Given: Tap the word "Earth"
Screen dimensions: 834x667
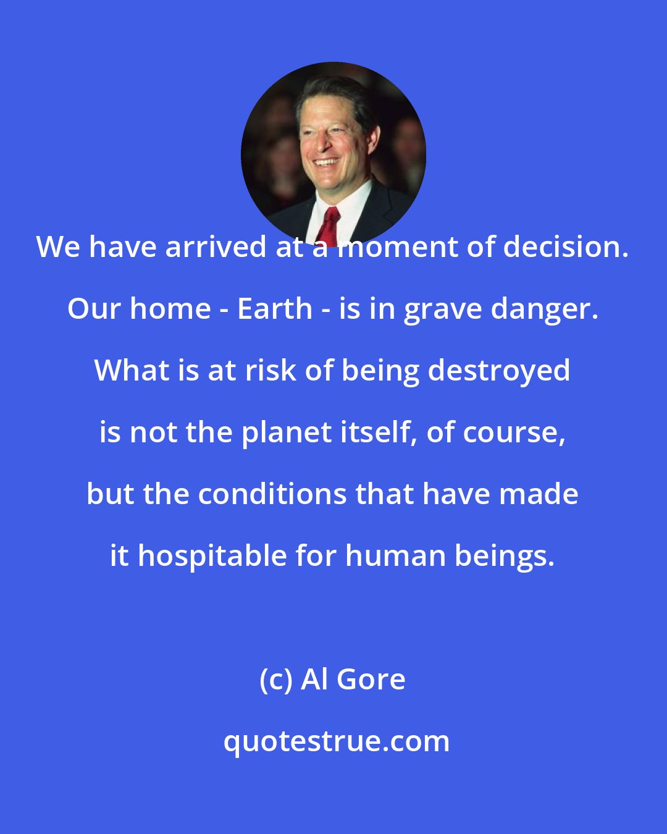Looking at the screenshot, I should (275, 309).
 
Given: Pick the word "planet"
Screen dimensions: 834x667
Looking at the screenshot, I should (283, 432).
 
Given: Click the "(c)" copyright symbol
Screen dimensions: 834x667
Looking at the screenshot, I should (275, 680).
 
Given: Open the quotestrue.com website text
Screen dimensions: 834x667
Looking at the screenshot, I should (337, 741).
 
